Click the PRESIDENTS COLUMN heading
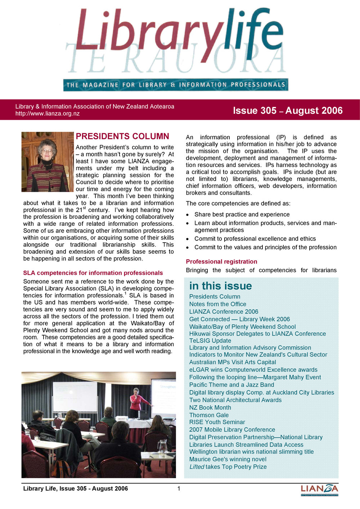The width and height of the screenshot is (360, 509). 122,136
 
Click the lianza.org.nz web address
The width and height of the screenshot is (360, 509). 48,114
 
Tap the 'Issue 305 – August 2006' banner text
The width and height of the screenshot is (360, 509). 288,111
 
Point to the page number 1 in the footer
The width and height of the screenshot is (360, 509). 179,488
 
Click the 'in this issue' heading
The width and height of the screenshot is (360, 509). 220,286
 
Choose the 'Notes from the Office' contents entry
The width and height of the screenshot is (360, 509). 217,304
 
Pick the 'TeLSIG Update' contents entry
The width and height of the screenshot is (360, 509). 210,341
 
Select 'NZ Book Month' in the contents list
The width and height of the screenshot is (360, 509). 210,407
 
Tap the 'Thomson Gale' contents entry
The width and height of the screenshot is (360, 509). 209,415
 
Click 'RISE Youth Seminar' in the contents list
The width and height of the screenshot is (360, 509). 217,422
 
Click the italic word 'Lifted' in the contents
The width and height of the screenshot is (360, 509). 197,467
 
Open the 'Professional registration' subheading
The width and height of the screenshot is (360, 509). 221,262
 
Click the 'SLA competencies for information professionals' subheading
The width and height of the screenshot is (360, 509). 93,273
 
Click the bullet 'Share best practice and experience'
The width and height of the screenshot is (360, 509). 242,215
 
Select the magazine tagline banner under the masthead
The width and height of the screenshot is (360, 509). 176,85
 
